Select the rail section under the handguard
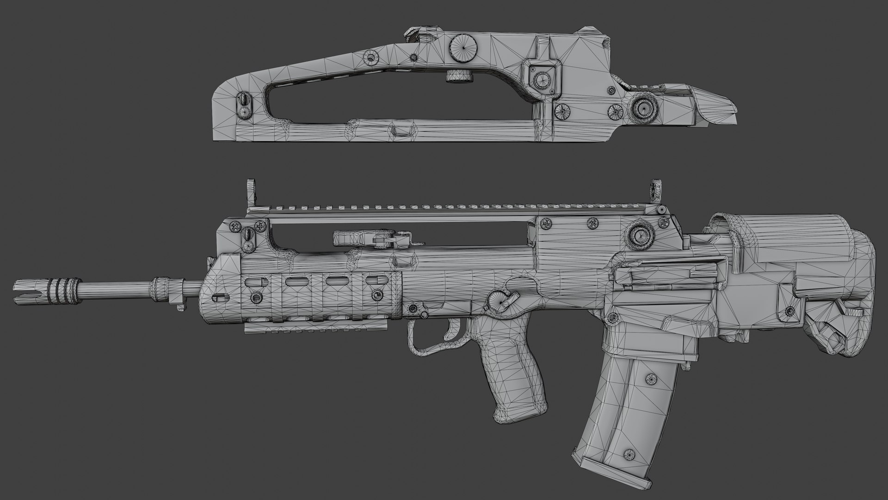[x=296, y=329]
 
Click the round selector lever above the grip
[x=500, y=302]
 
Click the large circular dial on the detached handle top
[x=462, y=45]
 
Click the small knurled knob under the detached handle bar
[x=457, y=76]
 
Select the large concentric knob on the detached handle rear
[x=643, y=108]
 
